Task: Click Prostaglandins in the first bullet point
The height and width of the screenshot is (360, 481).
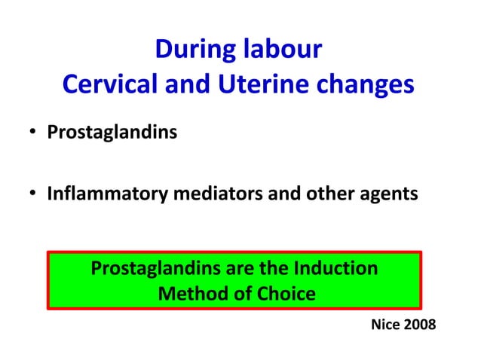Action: tap(112, 133)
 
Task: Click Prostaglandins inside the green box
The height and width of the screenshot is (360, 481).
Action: tap(153, 268)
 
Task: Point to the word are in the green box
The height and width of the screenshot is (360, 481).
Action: tap(234, 268)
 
